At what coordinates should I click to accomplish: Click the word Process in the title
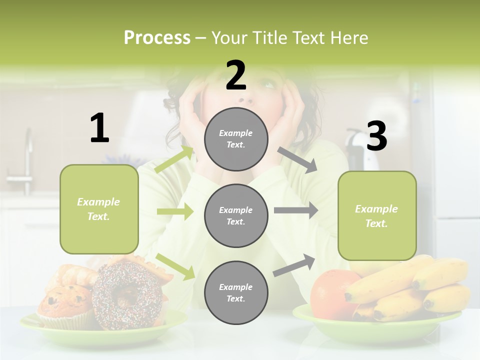(157, 37)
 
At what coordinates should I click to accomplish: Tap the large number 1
(99, 128)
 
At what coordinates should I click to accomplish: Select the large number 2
(236, 75)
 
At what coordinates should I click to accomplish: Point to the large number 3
(376, 136)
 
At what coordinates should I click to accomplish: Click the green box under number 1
(99, 209)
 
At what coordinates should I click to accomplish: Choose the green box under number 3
(377, 216)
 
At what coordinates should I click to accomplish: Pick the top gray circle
(236, 139)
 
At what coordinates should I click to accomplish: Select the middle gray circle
(236, 215)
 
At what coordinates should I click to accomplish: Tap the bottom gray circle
(236, 292)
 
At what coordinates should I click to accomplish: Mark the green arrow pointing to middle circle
(175, 212)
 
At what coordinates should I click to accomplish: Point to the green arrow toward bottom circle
(175, 266)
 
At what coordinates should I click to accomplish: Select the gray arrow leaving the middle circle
(296, 210)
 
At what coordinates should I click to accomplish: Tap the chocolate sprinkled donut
(127, 295)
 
